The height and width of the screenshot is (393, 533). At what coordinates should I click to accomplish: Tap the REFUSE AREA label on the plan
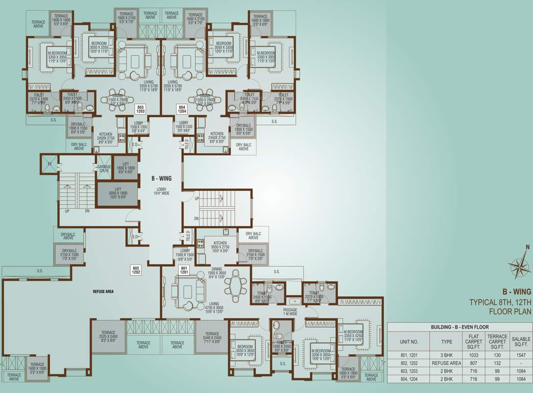point(103,291)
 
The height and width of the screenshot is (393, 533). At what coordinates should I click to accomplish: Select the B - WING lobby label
point(161,179)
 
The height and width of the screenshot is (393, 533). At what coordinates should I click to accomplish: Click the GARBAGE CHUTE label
point(104,169)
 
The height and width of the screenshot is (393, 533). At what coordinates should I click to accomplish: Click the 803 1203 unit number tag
point(141,109)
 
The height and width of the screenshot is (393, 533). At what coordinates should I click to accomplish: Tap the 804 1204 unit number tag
point(182,109)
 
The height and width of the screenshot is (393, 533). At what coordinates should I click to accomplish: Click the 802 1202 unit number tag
point(136,270)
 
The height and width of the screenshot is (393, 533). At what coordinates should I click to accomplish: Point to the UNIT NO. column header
point(408,341)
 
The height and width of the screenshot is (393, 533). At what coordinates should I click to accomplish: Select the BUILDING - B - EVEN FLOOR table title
point(459,326)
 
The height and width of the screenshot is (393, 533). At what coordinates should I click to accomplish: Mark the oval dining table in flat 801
point(235,287)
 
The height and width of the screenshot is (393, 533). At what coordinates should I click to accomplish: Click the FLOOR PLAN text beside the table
point(510,311)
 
